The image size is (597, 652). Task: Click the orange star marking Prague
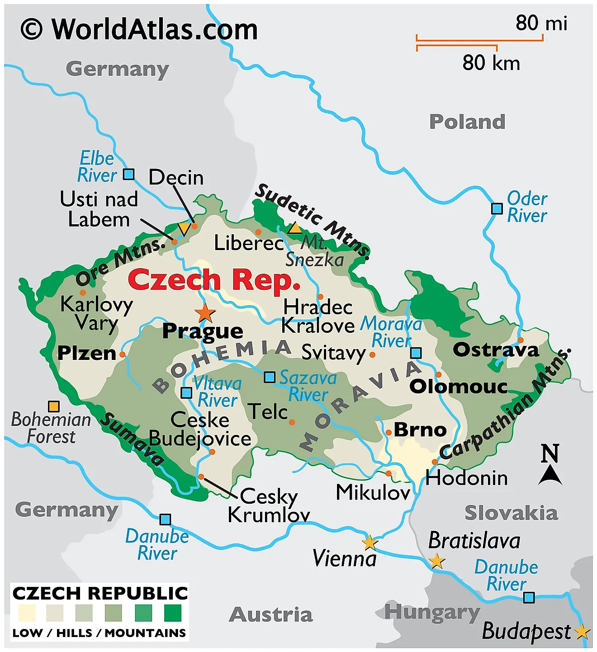tap(205, 312)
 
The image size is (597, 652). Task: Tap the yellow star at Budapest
tap(582, 632)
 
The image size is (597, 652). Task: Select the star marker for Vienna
tap(370, 543)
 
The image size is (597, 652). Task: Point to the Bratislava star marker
tap(436, 561)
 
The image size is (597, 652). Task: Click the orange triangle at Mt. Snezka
tap(295, 228)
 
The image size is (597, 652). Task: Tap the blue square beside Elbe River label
tap(129, 174)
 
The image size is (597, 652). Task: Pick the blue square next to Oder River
tap(497, 208)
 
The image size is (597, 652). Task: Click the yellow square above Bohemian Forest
tap(54, 406)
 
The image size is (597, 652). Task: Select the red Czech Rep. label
tap(214, 280)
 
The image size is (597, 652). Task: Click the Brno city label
tap(420, 430)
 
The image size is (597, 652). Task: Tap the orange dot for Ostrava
tap(521, 340)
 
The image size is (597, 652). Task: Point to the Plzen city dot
tap(122, 354)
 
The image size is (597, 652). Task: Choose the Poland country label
tap(467, 122)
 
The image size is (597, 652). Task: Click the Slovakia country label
tap(511, 513)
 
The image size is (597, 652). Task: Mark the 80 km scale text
tap(491, 63)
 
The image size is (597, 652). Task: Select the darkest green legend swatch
tap(172, 613)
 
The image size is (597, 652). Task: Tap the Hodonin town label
tap(467, 478)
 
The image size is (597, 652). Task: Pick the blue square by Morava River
tap(416, 353)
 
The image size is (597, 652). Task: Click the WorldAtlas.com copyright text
tap(139, 29)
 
